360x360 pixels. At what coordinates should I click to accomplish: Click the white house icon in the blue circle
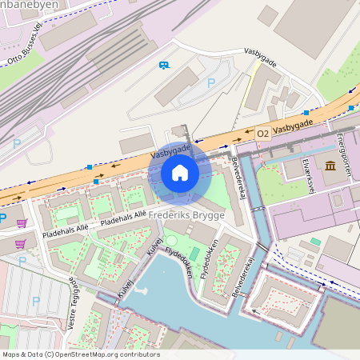pyautogui.click(x=180, y=173)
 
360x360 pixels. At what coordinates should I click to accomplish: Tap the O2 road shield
pyautogui.click(x=263, y=135)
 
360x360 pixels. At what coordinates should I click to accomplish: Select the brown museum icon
pyautogui.click(x=330, y=166)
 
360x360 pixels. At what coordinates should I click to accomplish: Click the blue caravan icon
pyautogui.click(x=164, y=66)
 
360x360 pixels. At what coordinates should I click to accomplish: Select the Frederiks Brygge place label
pyautogui.click(x=191, y=217)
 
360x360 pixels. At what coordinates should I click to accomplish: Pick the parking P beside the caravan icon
pyautogui.click(x=211, y=82)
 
